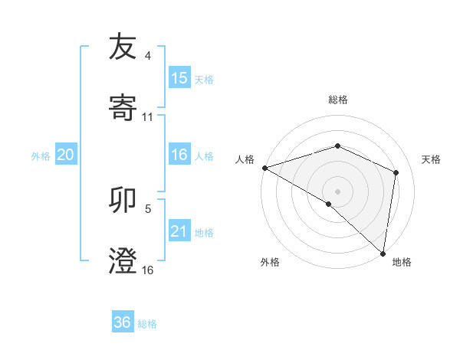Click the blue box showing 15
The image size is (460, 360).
click(179, 78)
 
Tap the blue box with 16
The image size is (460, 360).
click(179, 155)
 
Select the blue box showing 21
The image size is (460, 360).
click(179, 231)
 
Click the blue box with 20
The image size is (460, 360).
click(66, 155)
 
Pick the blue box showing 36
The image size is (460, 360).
click(123, 322)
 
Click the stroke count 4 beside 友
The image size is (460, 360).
click(148, 56)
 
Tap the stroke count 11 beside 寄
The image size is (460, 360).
click(148, 116)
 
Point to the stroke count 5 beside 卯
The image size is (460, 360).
click(148, 208)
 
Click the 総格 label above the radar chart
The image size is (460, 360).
click(337, 100)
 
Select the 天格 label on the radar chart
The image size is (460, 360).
click(431, 159)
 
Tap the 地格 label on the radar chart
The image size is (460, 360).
click(402, 262)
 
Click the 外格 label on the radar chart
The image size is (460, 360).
click(270, 262)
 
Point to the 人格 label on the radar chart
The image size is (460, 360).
click(245, 159)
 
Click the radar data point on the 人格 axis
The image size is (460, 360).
click(264, 168)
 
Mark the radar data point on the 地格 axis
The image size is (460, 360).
click(382, 253)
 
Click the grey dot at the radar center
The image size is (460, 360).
click(337, 191)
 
